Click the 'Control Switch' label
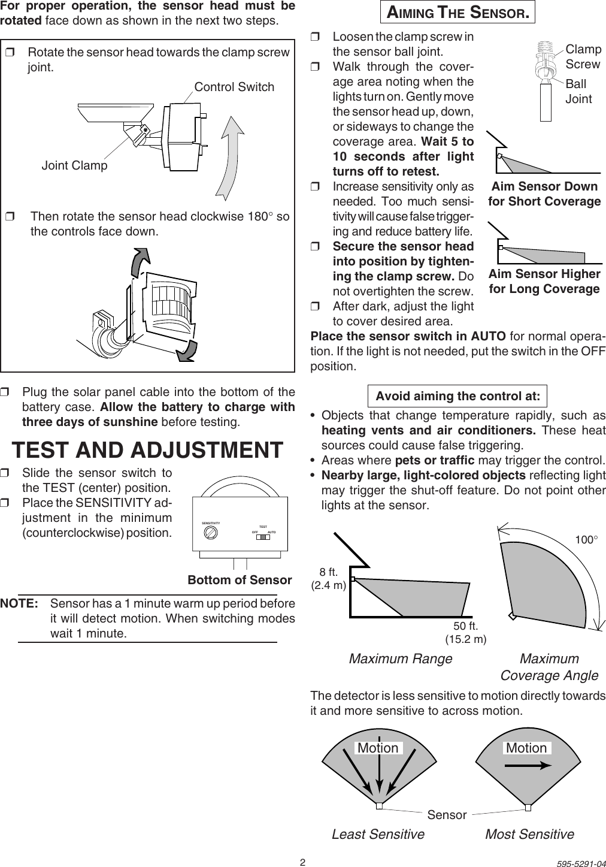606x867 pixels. (234, 87)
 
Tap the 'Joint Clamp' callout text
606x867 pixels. (74, 165)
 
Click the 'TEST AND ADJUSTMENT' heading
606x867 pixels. (148, 449)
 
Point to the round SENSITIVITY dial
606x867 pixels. (210, 536)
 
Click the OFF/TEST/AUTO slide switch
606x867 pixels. (263, 536)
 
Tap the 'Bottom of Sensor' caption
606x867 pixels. (240, 580)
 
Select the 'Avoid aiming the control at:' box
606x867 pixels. (457, 396)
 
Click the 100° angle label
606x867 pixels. (587, 539)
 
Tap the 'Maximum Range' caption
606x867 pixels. (400, 659)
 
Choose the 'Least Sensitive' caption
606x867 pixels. (378, 834)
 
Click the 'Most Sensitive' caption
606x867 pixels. (529, 834)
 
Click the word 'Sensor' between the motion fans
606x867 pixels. (447, 815)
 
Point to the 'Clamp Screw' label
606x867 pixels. (583, 57)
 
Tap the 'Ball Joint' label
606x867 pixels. (578, 91)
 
